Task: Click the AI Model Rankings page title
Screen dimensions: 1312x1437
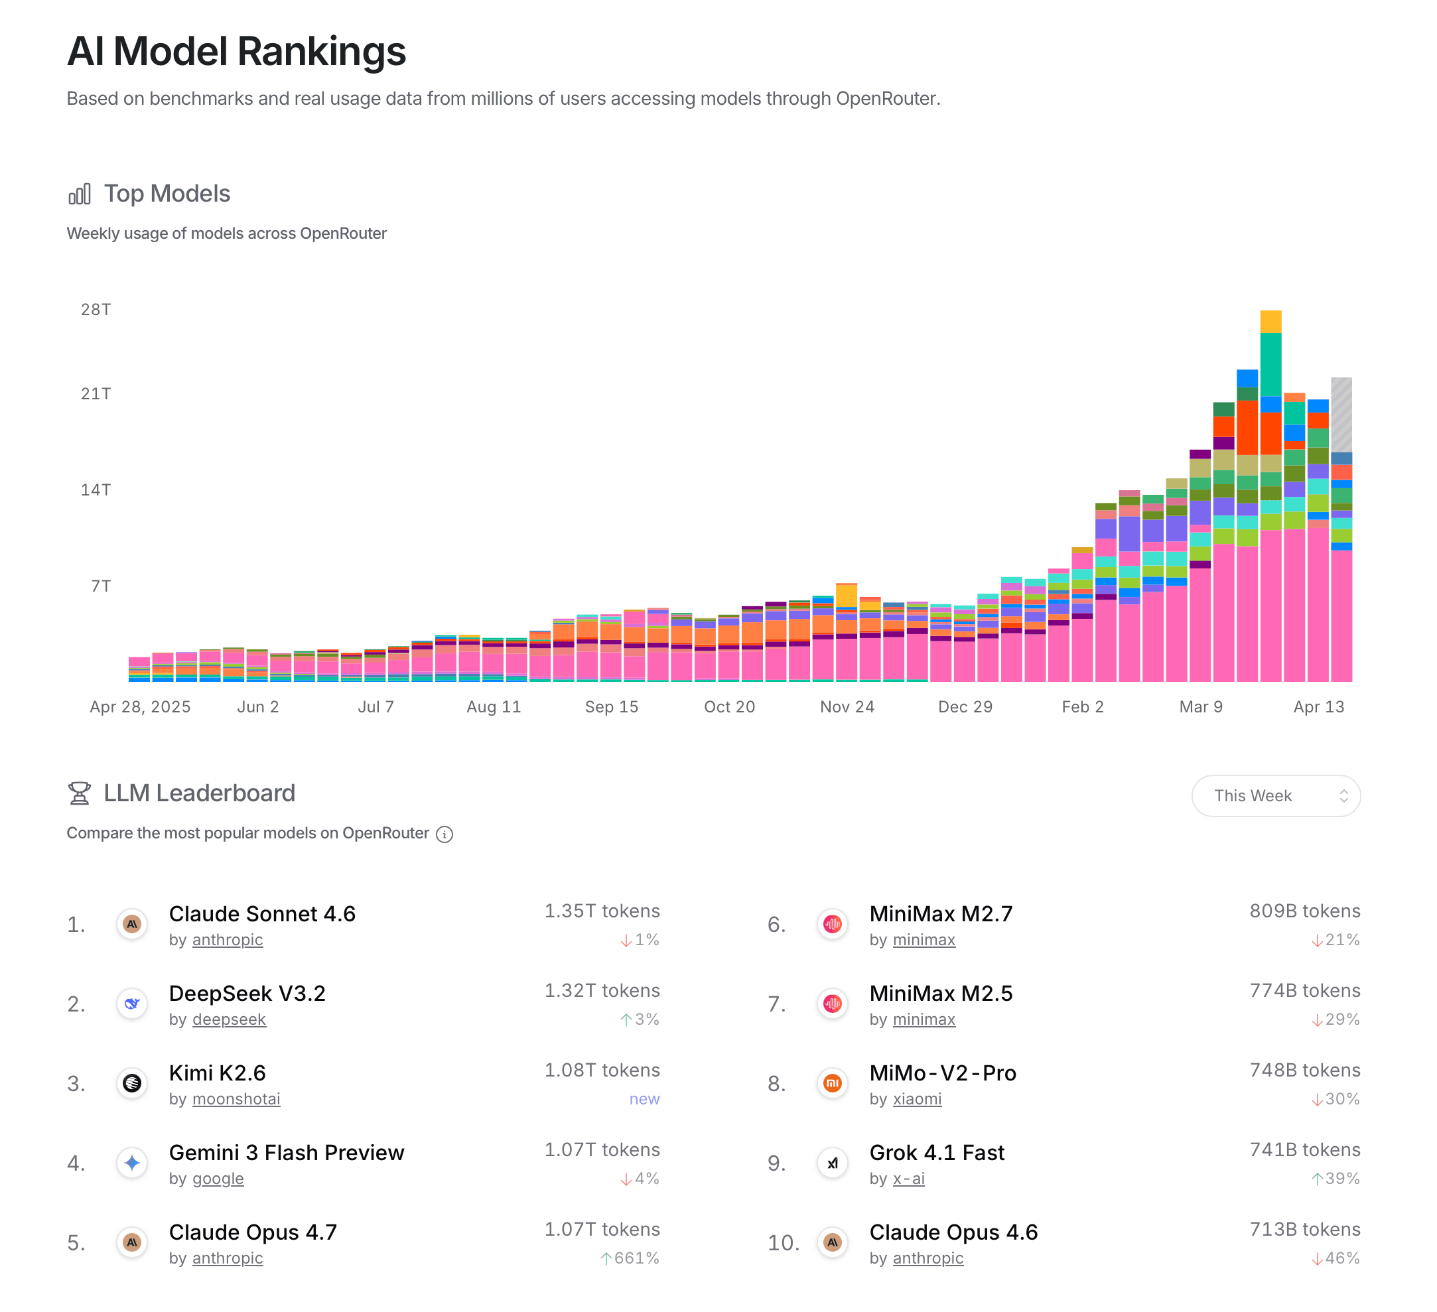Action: (236, 51)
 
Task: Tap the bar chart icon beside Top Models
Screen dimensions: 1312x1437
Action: (79, 194)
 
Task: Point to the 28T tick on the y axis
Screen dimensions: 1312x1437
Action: (96, 309)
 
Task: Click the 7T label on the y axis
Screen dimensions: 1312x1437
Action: (100, 586)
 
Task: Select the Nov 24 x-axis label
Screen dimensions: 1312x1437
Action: (847, 707)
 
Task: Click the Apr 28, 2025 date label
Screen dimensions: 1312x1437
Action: (140, 707)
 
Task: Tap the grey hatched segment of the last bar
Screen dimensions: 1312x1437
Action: (1341, 413)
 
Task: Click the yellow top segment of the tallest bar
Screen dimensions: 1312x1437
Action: (1270, 322)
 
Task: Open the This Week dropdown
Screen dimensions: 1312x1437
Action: (1275, 795)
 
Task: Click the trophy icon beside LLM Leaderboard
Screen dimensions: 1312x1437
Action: (79, 793)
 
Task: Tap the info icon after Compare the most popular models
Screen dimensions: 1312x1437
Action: (444, 834)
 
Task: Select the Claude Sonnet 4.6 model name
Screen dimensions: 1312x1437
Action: (261, 913)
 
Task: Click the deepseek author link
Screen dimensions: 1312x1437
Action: (229, 1019)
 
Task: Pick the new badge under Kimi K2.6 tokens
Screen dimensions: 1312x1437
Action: (644, 1099)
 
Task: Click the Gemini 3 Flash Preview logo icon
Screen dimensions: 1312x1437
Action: (132, 1163)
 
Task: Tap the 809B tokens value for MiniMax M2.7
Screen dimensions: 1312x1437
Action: (1304, 911)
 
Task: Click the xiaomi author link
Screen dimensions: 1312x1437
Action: (917, 1099)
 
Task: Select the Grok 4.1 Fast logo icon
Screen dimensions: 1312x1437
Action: (832, 1163)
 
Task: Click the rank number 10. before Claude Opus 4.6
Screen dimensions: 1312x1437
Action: (783, 1243)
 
